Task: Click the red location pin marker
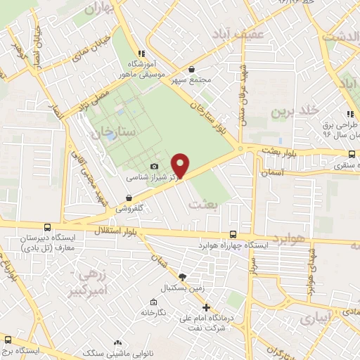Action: point(181,165)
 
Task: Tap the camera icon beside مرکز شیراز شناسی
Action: point(155,167)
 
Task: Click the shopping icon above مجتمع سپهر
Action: point(193,69)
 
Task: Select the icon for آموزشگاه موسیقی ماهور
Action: point(141,53)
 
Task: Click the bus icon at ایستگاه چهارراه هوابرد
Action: point(233,234)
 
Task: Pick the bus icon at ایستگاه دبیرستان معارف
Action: point(46,227)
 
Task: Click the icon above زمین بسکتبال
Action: point(183,277)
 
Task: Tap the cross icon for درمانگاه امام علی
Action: point(206,307)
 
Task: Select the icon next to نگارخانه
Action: point(144,311)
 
